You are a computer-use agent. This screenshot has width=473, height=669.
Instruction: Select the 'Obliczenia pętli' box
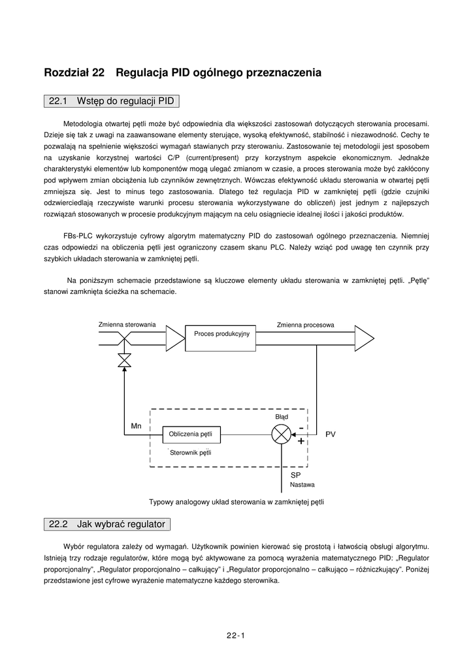191,433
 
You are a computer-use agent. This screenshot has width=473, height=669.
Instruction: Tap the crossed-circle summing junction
281,434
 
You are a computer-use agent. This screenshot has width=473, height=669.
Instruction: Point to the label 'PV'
331,434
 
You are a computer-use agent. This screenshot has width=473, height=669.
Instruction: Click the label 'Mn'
136,426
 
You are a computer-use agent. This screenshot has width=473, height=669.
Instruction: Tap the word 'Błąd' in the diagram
281,416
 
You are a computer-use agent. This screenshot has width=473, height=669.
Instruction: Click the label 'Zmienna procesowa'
305,324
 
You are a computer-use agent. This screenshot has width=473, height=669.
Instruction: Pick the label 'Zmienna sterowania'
127,324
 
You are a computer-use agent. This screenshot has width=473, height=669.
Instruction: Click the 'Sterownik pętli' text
191,452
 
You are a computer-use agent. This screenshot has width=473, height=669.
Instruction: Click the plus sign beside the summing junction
301,441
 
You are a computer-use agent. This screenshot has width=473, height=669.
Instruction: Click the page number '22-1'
235,635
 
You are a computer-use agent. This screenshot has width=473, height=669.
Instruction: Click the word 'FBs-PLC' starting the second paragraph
78,235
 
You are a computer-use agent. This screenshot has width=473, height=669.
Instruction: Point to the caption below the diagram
236,502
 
